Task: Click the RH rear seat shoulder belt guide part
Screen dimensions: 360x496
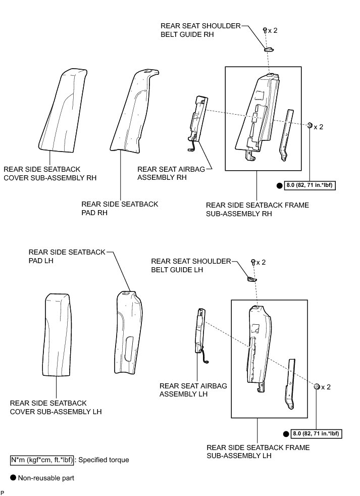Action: tap(269, 48)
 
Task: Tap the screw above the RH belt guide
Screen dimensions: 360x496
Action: tap(265, 31)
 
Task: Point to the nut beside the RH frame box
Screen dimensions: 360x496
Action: tap(310, 125)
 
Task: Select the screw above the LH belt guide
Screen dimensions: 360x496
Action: tap(252, 262)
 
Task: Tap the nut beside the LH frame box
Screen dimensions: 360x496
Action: tap(317, 386)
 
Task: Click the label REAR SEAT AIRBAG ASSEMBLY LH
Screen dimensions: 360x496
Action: tap(193, 390)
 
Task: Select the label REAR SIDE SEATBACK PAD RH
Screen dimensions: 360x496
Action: tap(120, 209)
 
